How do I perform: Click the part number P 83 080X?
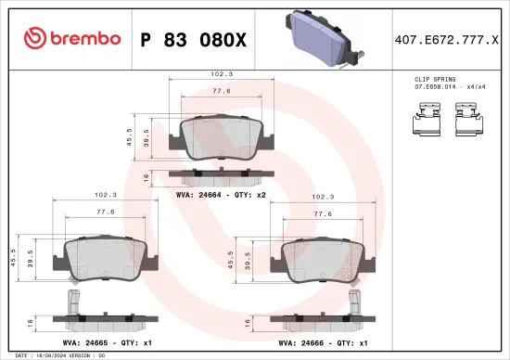(192, 38)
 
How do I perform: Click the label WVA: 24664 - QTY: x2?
(221, 195)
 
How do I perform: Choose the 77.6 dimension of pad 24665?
(105, 212)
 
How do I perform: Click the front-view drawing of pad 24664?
(221, 138)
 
